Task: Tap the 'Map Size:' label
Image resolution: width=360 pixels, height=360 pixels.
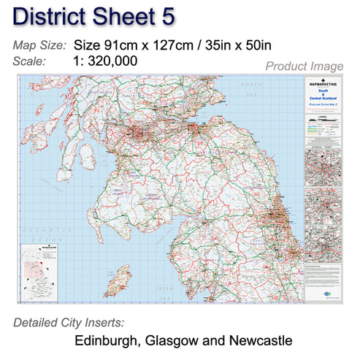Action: click(39, 45)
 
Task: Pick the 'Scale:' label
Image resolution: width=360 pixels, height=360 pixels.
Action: click(31, 61)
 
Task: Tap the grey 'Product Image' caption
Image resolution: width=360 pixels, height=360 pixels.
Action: click(304, 66)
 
